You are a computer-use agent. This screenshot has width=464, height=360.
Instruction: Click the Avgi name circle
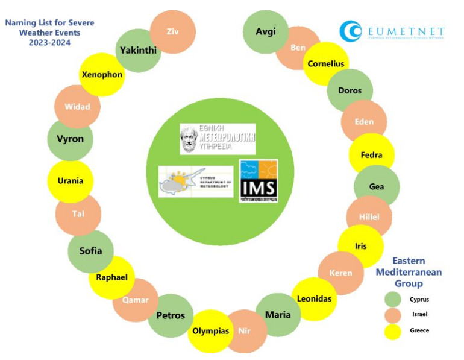265,32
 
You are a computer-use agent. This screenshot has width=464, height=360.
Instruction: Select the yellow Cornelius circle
326,63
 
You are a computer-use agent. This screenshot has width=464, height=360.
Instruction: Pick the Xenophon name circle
102,74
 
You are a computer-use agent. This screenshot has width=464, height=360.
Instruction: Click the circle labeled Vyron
71,139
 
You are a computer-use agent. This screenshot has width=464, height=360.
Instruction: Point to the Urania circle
71,181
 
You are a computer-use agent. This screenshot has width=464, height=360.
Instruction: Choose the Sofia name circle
91,251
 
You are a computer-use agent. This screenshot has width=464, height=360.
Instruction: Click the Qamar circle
136,300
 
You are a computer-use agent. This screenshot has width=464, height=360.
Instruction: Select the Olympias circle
210,330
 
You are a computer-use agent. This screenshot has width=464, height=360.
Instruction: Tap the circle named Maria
278,314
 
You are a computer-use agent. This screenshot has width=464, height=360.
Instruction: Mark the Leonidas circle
314,298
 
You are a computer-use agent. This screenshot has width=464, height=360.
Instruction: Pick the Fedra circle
371,155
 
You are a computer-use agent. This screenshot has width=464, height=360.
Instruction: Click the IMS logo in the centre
259,181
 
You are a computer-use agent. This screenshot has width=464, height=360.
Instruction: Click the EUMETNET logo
392,31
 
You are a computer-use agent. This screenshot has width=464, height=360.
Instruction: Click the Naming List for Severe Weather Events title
50,33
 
